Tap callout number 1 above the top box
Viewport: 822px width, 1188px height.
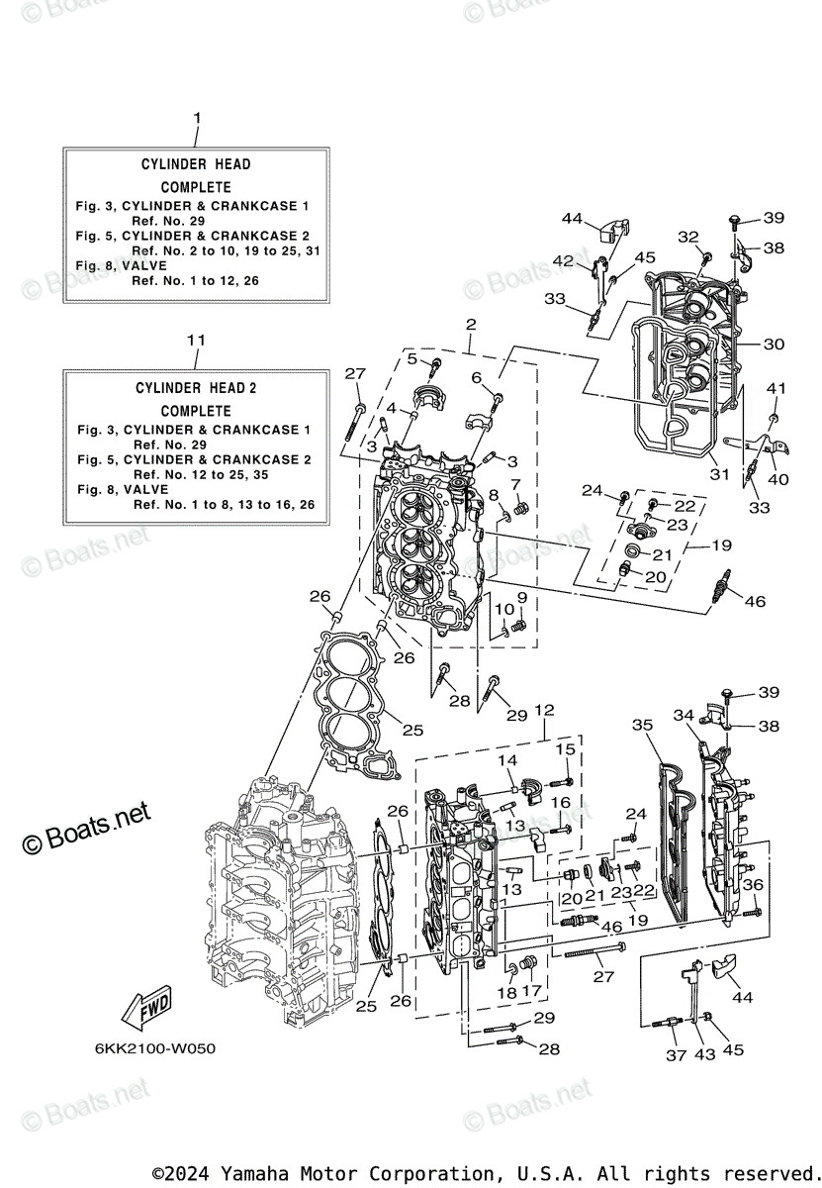tap(196, 118)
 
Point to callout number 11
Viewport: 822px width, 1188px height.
tap(196, 340)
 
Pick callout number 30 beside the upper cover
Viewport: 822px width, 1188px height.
tap(774, 345)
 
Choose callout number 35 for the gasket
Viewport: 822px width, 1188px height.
tap(643, 726)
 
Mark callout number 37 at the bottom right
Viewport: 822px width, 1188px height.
tap(676, 1055)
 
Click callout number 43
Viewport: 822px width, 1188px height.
tap(703, 1055)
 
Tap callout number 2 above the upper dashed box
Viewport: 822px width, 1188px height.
tap(471, 325)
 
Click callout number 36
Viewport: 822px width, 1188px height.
tap(754, 885)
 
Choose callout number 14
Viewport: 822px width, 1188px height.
tap(508, 760)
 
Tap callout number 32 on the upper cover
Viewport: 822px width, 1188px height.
tap(687, 237)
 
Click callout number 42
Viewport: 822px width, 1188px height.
tap(563, 260)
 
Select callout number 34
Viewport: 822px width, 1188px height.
tap(685, 715)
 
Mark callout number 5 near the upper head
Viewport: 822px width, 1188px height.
tap(411, 358)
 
